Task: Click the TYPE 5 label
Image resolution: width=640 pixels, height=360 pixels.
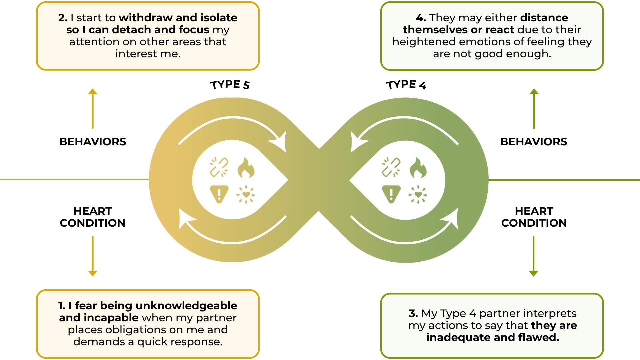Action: (x=230, y=85)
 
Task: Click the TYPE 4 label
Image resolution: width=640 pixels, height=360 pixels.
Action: (x=406, y=85)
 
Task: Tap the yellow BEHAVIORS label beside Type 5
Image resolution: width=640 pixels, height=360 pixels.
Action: (x=93, y=142)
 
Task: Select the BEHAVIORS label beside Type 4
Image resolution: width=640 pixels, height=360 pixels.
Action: (x=534, y=142)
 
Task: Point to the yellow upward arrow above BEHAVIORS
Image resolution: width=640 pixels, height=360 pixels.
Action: (x=93, y=108)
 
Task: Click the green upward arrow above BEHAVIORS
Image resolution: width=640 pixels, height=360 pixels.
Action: (x=534, y=108)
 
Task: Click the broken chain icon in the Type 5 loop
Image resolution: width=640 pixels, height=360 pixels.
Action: (x=219, y=167)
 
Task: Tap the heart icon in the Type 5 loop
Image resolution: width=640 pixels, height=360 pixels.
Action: (x=246, y=194)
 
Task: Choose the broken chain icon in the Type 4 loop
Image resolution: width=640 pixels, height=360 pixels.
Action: (x=391, y=167)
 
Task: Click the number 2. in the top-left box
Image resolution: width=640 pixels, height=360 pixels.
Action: (x=63, y=18)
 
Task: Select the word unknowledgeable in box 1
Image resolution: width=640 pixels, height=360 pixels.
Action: (x=186, y=306)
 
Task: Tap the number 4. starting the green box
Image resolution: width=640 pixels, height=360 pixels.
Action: (x=421, y=18)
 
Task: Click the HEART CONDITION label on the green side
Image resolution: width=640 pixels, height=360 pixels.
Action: (x=534, y=217)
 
